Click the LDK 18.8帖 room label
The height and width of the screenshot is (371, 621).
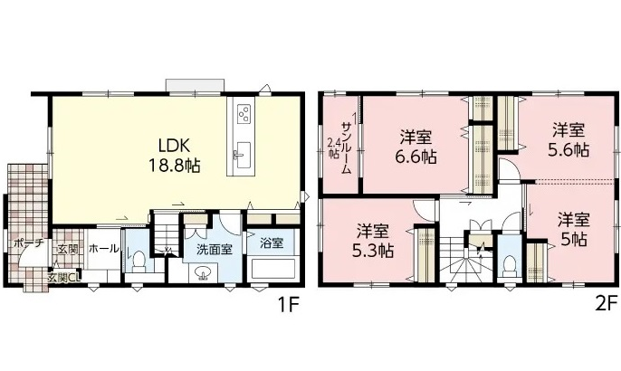[x=174, y=156]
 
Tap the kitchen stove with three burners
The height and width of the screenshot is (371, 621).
[x=244, y=113]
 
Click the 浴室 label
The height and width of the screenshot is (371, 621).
[x=272, y=243]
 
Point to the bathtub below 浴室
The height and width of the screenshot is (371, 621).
[x=272, y=269]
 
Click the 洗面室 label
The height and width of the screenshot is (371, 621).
[x=215, y=250]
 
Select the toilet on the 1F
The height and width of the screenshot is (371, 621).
[x=139, y=262]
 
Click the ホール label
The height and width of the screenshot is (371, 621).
[x=103, y=249]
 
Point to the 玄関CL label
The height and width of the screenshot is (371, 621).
[x=64, y=278]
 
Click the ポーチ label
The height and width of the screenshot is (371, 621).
[x=28, y=243]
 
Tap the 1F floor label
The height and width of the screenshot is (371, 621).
[x=287, y=305]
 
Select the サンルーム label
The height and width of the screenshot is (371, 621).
[x=346, y=147]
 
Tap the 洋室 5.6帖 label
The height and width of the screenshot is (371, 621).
[x=568, y=139]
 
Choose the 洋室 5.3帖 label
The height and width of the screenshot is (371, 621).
[x=373, y=241]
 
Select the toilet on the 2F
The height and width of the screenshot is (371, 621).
[x=509, y=264]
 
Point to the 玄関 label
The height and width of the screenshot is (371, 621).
[x=68, y=250]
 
